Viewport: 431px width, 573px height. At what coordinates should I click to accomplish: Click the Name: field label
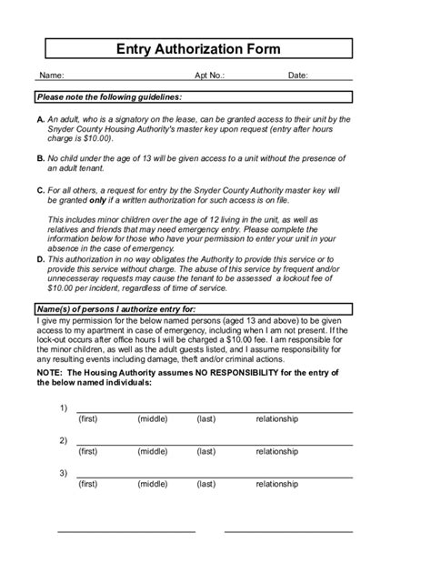pos(49,76)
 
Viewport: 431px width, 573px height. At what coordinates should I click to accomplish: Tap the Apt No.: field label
pos(209,76)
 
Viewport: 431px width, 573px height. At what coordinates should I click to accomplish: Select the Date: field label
pos(298,76)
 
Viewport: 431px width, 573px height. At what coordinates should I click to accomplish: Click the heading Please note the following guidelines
pos(109,96)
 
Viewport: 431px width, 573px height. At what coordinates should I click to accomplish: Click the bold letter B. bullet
pos(40,158)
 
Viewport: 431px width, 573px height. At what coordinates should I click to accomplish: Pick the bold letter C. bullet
pos(40,189)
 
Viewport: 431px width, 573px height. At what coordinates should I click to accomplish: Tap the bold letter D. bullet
pos(40,259)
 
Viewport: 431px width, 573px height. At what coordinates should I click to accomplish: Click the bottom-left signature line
pos(126,531)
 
